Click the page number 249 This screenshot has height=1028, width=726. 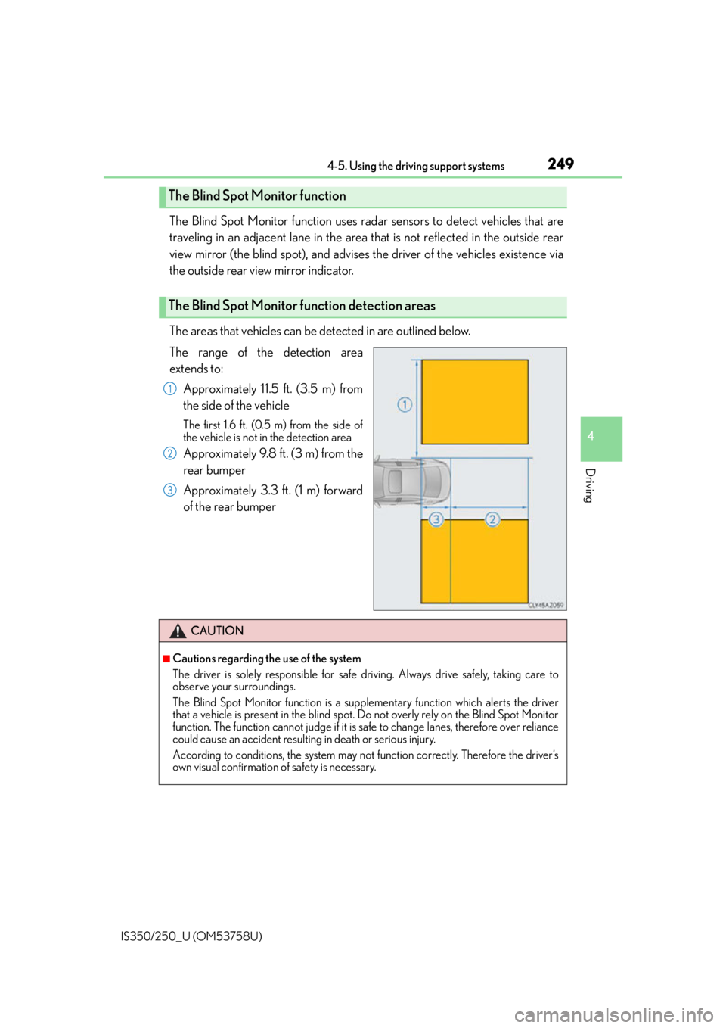(560, 164)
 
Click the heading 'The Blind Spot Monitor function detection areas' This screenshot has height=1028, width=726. (302, 306)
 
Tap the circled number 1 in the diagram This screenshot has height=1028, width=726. (405, 405)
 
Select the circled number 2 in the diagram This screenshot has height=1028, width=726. (492, 519)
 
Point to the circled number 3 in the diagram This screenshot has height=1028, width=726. (436, 519)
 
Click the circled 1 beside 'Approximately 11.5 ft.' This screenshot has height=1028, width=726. (169, 389)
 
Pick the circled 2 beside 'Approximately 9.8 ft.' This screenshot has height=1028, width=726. (169, 454)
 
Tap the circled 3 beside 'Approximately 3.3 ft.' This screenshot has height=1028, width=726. (169, 491)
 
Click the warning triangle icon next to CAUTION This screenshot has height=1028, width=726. (178, 631)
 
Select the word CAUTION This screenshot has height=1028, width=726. (217, 631)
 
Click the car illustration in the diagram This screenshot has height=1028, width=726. (412, 482)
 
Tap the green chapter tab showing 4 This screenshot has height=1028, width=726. (601, 439)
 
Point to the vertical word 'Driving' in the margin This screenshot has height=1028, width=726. (591, 485)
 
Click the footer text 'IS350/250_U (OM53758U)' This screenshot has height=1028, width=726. (191, 936)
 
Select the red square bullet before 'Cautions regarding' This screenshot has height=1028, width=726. (166, 659)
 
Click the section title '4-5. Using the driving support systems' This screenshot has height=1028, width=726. (416, 166)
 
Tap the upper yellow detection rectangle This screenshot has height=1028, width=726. (475, 401)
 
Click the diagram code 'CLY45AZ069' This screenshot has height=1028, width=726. (545, 605)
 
